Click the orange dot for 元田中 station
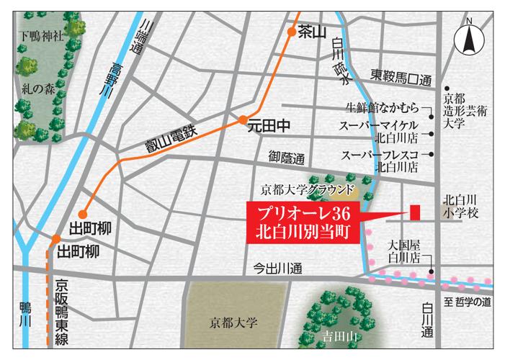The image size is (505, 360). coord(244,120)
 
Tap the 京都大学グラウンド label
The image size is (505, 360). coord(309,191)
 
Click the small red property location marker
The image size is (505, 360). coord(415,213)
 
